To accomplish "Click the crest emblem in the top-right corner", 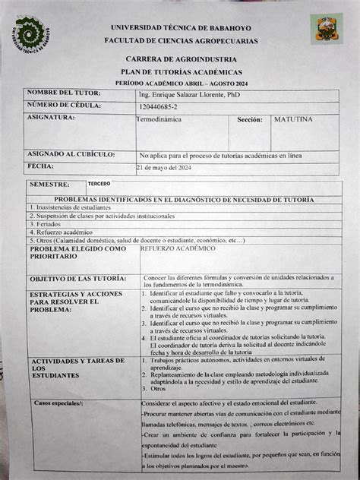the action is tap(326, 29).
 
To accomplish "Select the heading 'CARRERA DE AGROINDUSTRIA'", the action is tap(181, 58).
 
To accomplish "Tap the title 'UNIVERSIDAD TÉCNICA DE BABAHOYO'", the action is tap(180, 27).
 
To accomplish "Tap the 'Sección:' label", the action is tap(249, 120).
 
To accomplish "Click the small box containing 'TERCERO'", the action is tap(99, 184).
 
